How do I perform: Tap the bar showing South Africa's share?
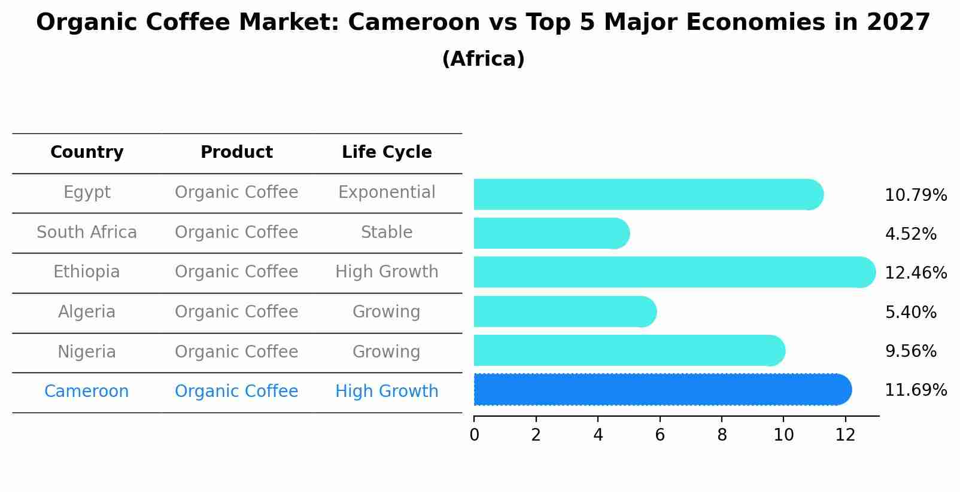click(x=551, y=233)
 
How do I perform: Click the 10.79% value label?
click(x=915, y=195)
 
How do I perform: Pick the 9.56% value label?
click(x=910, y=352)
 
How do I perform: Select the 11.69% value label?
click(x=915, y=390)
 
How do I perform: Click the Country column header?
click(x=87, y=152)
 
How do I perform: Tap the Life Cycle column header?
click(x=387, y=152)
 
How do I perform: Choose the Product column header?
click(x=236, y=152)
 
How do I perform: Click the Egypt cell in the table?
click(x=87, y=192)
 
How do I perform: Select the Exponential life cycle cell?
click(x=387, y=192)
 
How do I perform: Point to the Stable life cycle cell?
click(x=387, y=233)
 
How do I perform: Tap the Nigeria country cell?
click(x=87, y=352)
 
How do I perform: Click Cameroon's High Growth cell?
click(x=387, y=392)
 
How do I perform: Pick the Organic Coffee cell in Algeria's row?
click(x=236, y=312)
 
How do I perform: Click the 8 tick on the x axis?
click(x=722, y=435)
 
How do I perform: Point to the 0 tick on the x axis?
click(x=474, y=435)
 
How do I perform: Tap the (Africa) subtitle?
click(x=483, y=59)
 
